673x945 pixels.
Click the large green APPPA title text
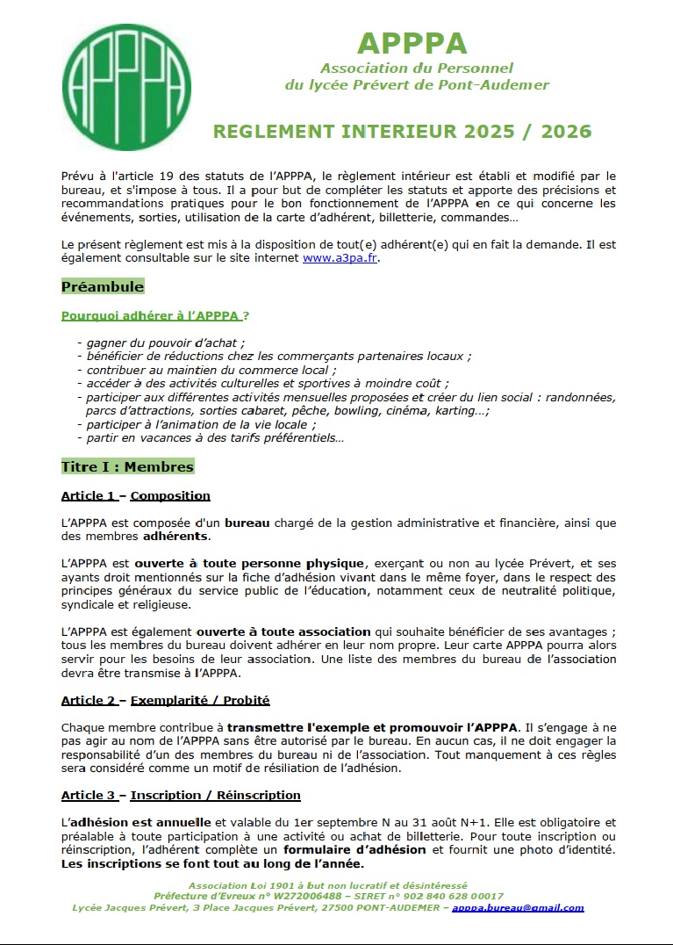click(x=412, y=43)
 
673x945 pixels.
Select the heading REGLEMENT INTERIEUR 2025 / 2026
click(x=403, y=132)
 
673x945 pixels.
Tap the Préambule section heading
click(x=103, y=287)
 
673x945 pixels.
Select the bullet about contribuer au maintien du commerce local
click(x=208, y=371)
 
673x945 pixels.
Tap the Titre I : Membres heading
click(x=127, y=466)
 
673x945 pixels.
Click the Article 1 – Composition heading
click(x=136, y=495)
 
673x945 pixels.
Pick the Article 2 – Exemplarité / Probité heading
click(x=166, y=700)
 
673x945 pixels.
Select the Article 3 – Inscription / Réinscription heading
click(x=181, y=795)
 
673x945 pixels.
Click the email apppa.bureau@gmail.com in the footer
click(x=518, y=908)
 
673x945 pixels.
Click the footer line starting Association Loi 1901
click(x=328, y=885)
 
